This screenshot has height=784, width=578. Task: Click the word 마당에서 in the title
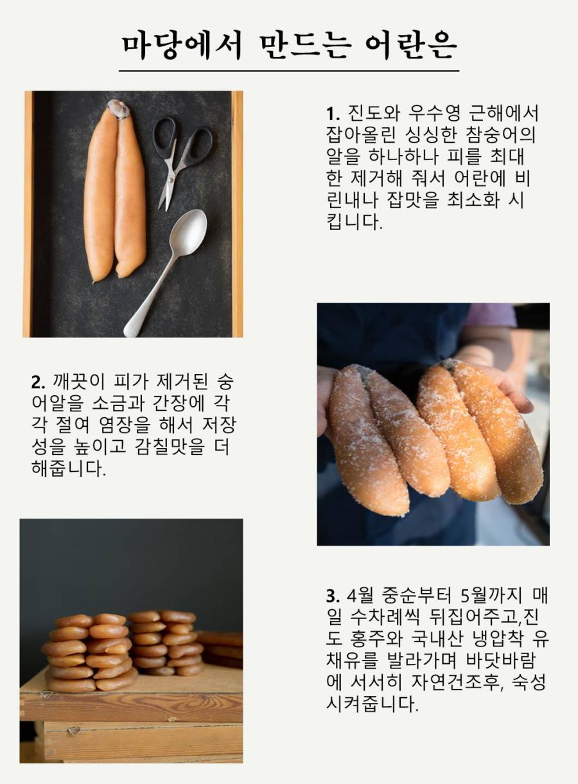tap(182, 47)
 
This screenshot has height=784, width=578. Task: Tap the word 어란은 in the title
tap(411, 47)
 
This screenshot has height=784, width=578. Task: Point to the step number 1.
tap(333, 114)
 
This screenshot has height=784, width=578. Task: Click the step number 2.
tap(38, 382)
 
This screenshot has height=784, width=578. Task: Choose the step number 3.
tap(333, 596)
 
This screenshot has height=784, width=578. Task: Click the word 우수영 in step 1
tap(429, 113)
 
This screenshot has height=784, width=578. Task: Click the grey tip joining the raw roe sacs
tap(119, 109)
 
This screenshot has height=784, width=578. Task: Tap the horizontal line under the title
tap(289, 71)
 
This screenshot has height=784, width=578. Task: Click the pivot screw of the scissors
tap(170, 179)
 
